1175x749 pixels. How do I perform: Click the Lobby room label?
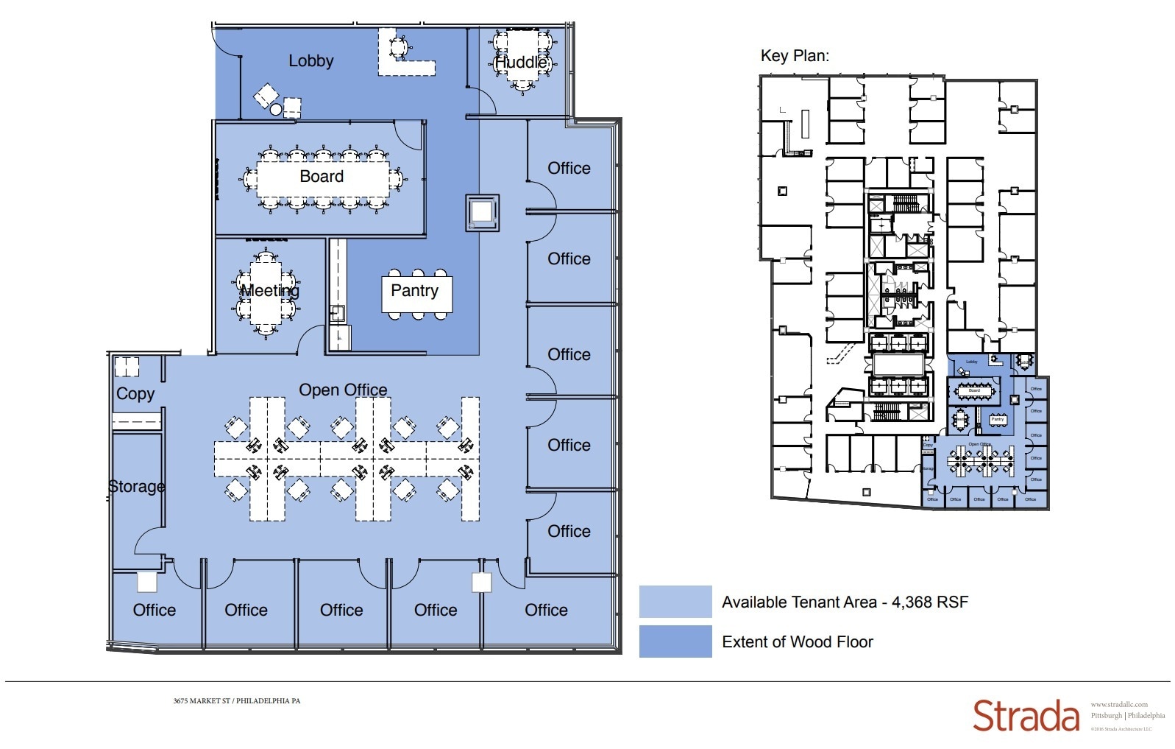(x=310, y=61)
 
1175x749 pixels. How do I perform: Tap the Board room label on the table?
(x=322, y=177)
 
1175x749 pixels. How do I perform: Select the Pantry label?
(x=414, y=291)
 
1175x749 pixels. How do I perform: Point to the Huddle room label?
(x=521, y=63)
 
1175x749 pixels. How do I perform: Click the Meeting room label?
(x=270, y=291)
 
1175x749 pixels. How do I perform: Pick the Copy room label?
(x=135, y=394)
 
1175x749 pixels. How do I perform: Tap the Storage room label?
(x=137, y=487)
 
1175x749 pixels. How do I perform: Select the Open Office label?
(x=343, y=390)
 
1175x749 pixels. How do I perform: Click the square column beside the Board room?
(x=482, y=213)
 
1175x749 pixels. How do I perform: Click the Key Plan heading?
(x=795, y=56)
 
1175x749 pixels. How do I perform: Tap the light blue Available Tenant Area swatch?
(x=675, y=602)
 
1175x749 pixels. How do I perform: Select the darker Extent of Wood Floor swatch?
(x=675, y=641)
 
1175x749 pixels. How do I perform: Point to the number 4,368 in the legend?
(x=912, y=602)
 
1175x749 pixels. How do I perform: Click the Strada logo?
(x=1026, y=716)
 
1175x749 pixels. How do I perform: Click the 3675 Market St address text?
(x=237, y=701)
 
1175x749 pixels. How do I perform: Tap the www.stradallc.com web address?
(x=1118, y=705)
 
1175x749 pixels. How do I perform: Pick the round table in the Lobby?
(x=276, y=110)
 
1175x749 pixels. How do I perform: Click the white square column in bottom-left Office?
(x=147, y=582)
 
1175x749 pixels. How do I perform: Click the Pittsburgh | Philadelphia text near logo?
(x=1127, y=716)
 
